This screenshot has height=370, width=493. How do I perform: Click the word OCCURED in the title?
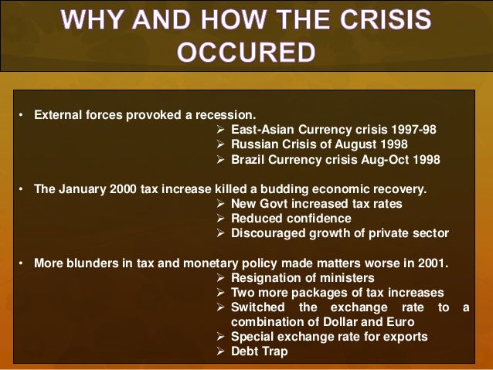tap(246, 52)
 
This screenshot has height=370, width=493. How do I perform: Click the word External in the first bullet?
tap(56, 116)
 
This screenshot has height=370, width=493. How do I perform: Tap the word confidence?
tap(308, 218)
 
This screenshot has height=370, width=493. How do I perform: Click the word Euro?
tap(393, 321)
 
